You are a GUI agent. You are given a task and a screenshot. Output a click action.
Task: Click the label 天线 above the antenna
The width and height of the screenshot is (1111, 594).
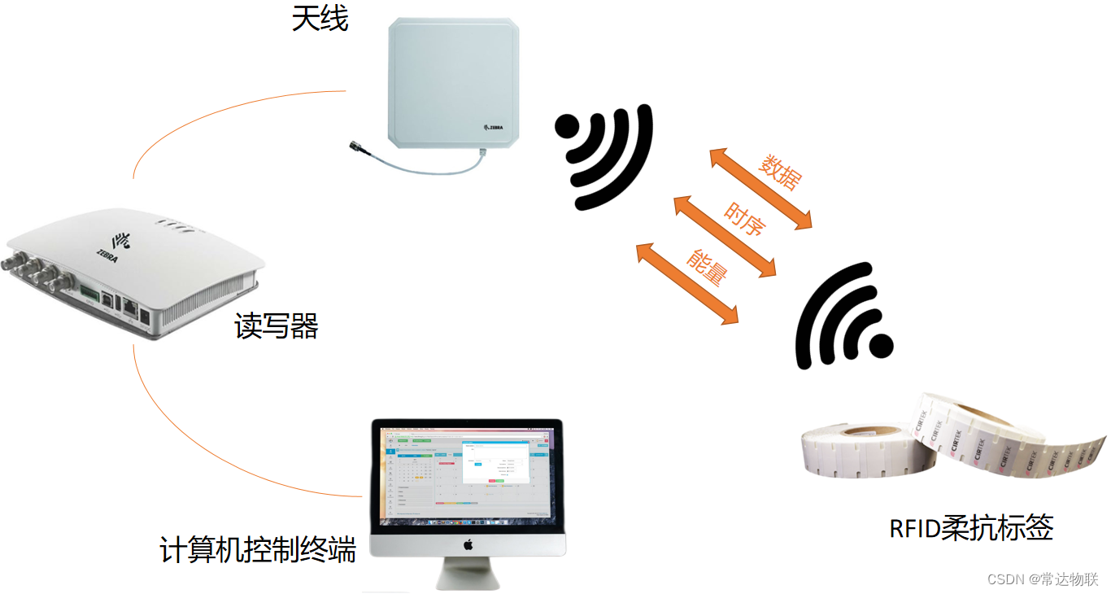320,19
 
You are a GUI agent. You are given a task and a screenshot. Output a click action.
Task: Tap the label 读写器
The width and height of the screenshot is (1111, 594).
277,326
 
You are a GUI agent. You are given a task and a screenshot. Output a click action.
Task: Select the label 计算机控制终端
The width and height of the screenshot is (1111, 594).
258,549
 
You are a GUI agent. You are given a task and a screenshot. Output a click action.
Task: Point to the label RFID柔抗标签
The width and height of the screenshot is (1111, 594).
971,528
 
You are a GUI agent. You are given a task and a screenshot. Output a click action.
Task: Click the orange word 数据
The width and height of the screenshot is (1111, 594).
778,172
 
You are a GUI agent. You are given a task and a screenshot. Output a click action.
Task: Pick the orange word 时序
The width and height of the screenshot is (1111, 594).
744,218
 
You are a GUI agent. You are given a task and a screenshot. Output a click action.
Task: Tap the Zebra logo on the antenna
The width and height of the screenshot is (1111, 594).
499,128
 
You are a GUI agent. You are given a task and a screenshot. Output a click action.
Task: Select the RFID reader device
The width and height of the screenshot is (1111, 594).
134,273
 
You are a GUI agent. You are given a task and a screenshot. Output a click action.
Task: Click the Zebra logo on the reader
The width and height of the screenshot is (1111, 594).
119,240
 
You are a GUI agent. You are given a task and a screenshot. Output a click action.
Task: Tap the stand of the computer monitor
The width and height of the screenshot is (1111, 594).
467,574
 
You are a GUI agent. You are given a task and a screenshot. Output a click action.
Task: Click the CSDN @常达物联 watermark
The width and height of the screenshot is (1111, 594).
1043,579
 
